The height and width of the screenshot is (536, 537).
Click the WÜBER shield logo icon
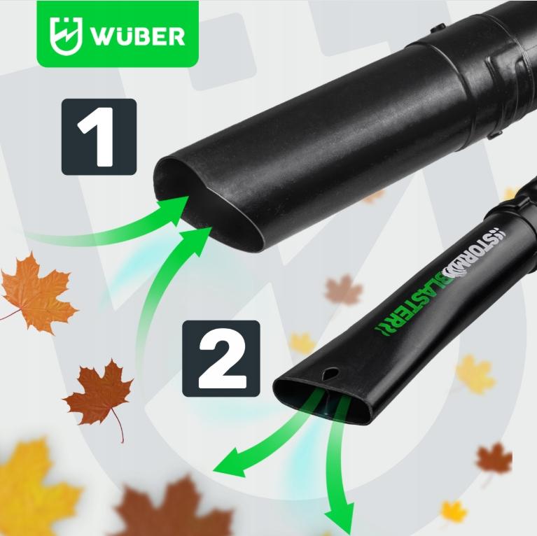pyautogui.click(x=66, y=36)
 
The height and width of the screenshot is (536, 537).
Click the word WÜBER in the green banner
pyautogui.click(x=137, y=36)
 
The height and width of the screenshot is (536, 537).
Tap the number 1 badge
pyautogui.click(x=99, y=137)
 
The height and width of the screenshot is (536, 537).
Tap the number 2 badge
pyautogui.click(x=221, y=358)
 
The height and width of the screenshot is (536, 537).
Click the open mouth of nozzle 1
pyautogui.click(x=209, y=205)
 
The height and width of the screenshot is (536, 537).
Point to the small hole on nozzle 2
pyautogui.click(x=330, y=373)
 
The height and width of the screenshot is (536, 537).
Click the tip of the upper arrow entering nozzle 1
pyautogui.click(x=188, y=197)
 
